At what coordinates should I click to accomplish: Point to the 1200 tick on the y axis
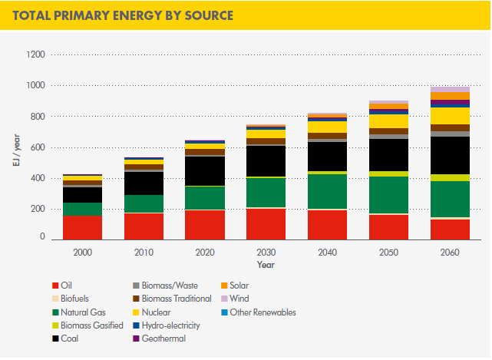pyautogui.click(x=35, y=55)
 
